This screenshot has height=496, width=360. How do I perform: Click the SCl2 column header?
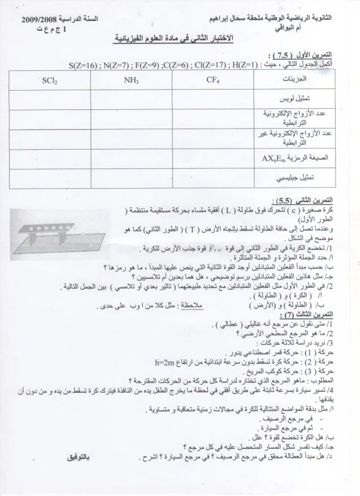[50, 81]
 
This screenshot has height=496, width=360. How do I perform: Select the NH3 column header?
[131, 81]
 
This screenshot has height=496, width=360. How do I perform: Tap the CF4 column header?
[213, 81]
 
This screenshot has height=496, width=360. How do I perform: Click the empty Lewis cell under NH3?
[131, 99]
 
